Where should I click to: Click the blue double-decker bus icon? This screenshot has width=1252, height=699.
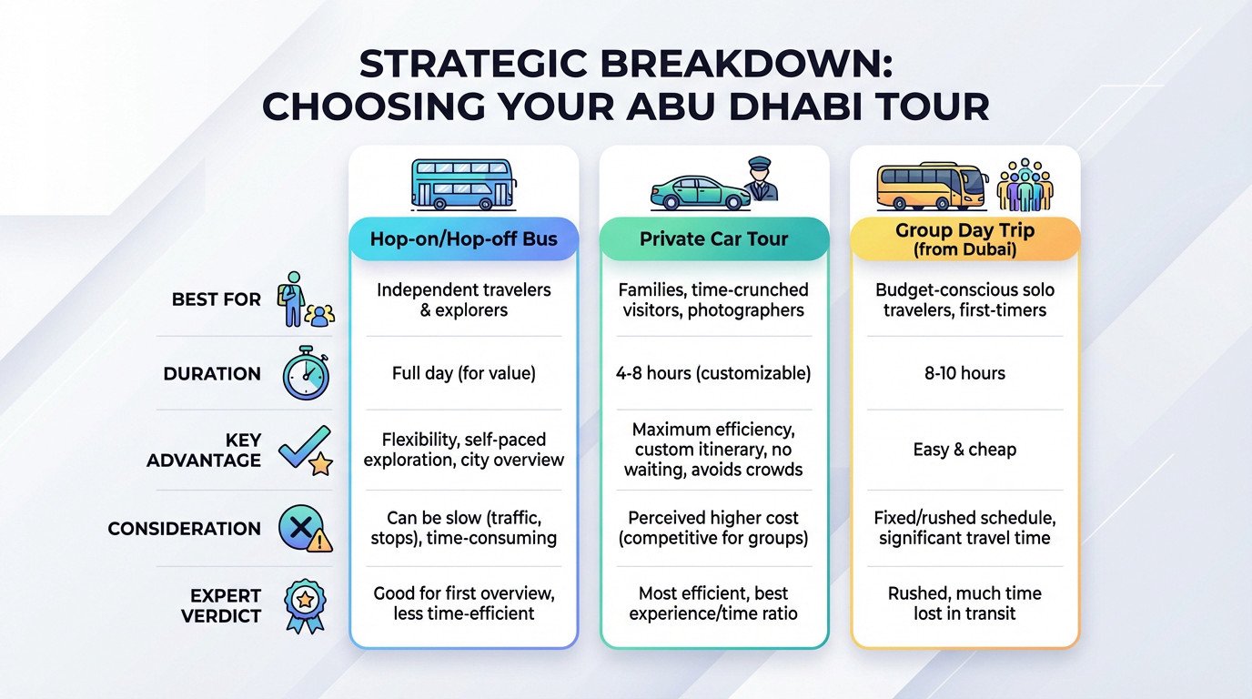(463, 184)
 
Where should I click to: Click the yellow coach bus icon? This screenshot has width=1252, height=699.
(931, 187)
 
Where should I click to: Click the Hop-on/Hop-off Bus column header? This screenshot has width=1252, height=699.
(463, 239)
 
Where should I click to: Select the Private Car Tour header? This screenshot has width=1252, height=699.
(713, 239)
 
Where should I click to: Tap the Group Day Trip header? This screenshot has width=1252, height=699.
(964, 238)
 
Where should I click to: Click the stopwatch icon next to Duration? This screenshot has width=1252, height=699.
(304, 373)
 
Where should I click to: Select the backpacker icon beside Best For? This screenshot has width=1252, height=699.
(300, 299)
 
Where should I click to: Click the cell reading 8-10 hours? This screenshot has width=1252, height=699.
(964, 373)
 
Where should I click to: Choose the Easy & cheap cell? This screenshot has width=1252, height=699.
(964, 450)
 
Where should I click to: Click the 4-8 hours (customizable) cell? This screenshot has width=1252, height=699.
(713, 373)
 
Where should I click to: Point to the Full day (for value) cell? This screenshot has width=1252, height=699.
(463, 373)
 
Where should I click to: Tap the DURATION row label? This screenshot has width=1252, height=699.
(212, 374)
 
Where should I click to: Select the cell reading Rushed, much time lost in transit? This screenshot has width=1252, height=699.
(964, 603)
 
